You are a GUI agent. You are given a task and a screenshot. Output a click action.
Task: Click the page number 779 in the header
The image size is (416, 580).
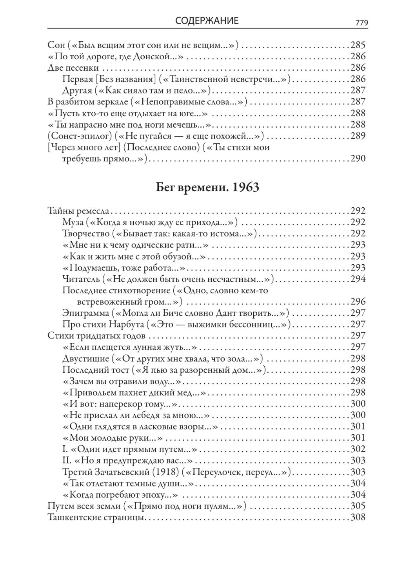point(362,23)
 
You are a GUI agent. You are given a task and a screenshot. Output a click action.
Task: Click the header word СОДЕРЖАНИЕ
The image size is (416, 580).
point(207,21)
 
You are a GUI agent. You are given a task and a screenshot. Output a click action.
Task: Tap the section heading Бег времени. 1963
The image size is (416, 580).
point(207,188)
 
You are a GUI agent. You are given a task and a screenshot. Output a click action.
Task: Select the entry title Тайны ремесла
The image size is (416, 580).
point(78,210)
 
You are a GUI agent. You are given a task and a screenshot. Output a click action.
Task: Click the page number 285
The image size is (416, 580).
point(358,45)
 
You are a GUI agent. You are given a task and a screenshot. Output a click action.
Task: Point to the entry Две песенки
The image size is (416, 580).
point(73,68)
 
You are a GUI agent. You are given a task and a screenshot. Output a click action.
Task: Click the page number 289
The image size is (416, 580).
point(358,136)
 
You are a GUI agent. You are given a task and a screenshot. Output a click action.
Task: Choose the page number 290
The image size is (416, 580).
point(358,159)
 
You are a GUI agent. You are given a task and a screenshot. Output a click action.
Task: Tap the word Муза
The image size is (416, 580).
point(73,222)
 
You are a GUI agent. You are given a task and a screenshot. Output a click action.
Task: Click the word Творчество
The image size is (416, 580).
point(86,233)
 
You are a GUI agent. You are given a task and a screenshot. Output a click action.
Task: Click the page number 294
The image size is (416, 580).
point(358,279)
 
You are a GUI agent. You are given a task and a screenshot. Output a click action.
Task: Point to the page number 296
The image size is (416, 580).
point(358,302)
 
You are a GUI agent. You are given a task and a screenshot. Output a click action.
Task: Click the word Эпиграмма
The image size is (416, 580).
point(85,313)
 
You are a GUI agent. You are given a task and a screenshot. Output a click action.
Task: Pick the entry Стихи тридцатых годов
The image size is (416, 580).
point(96,336)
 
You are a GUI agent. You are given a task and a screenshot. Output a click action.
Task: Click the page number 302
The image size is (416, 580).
point(358,449)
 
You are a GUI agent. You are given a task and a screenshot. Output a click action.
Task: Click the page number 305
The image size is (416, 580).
point(358,506)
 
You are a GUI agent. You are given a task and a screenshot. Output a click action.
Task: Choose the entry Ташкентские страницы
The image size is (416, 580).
point(95,518)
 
